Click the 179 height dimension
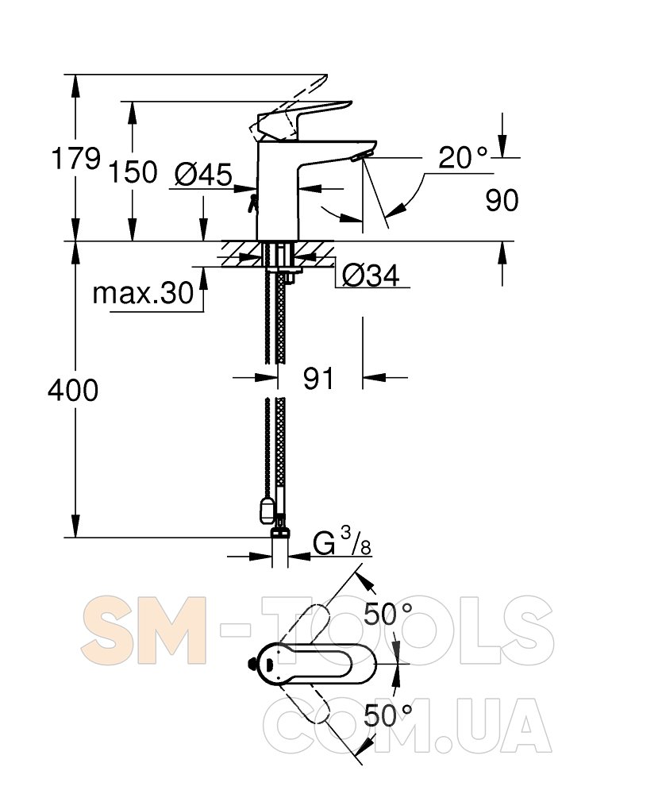click(75, 159)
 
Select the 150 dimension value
click(133, 172)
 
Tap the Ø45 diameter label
click(203, 175)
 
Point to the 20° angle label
click(463, 157)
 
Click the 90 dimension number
click(502, 201)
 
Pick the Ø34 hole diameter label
click(371, 276)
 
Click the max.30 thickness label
click(143, 293)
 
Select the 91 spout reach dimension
click(319, 378)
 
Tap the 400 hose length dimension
click(73, 391)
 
